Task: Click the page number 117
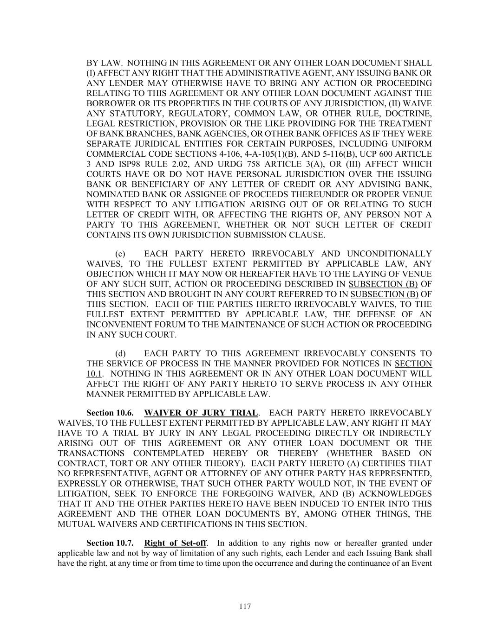pyautogui.click(x=245, y=606)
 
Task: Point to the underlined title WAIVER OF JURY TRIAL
pyautogui.click(x=201, y=413)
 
